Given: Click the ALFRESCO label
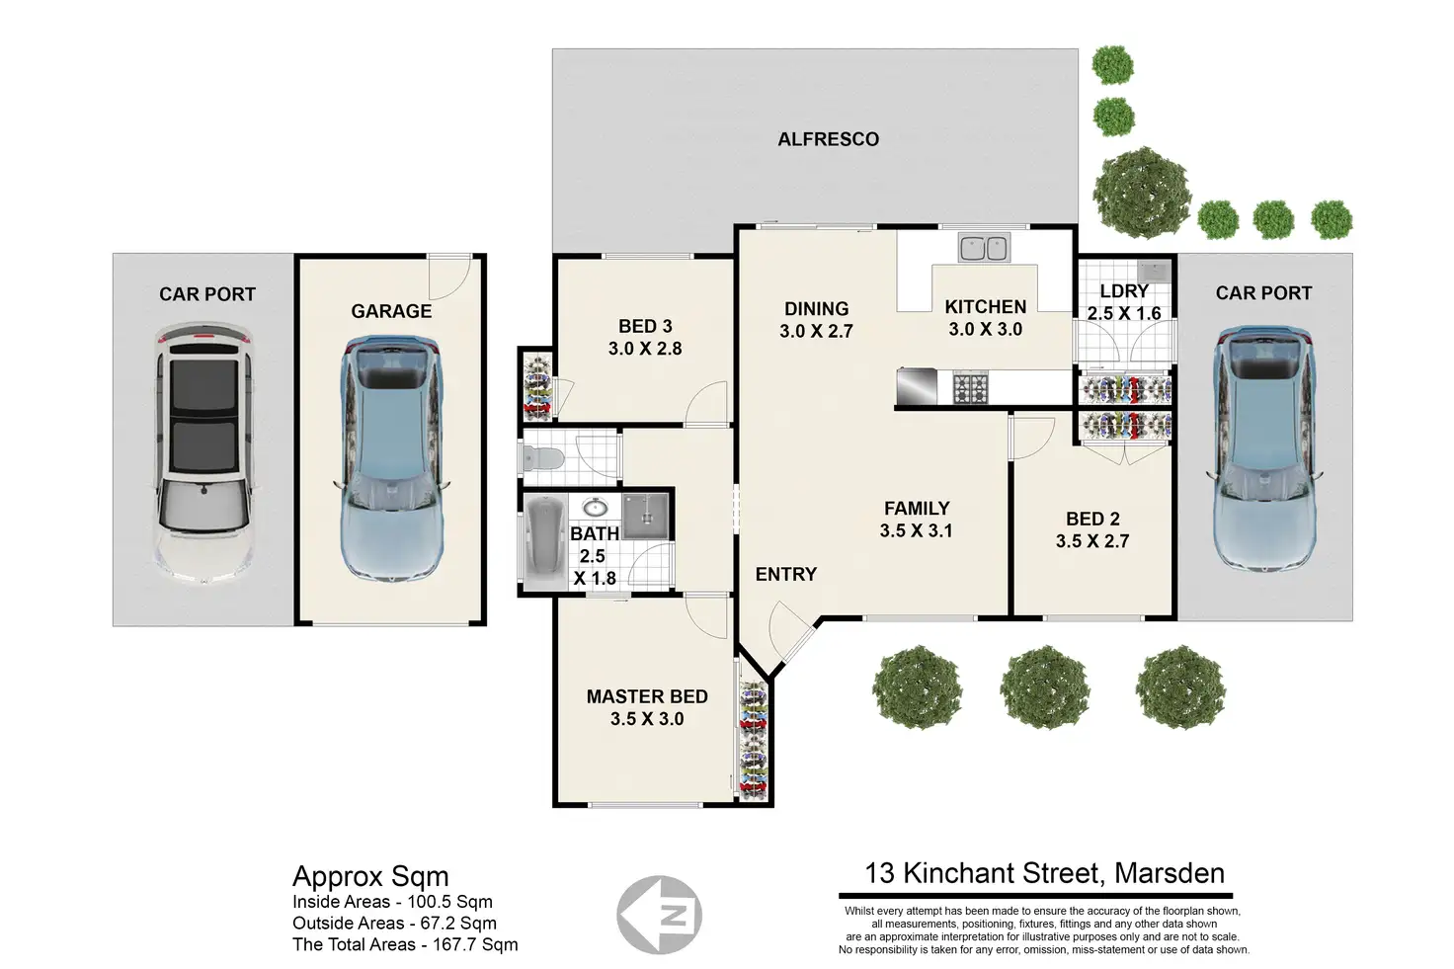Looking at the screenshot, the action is pyautogui.click(x=828, y=139).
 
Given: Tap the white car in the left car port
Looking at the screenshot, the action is pyautogui.click(x=204, y=454).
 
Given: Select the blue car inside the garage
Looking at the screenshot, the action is pyautogui.click(x=391, y=459).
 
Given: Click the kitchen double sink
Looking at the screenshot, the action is pyautogui.click(x=983, y=248).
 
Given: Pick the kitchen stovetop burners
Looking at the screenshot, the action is pyautogui.click(x=970, y=387).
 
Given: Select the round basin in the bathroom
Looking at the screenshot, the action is pyautogui.click(x=595, y=508).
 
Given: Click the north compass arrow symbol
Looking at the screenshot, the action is pyautogui.click(x=660, y=915).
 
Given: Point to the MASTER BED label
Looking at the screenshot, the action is pyautogui.click(x=647, y=696).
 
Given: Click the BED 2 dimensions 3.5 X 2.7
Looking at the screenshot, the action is pyautogui.click(x=1092, y=541).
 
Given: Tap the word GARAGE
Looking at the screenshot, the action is pyautogui.click(x=391, y=311).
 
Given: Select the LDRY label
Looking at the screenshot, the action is pyautogui.click(x=1124, y=291).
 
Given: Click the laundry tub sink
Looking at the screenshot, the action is pyautogui.click(x=1152, y=270).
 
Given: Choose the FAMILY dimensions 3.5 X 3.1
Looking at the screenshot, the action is pyautogui.click(x=917, y=530).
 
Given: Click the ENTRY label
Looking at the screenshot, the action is pyautogui.click(x=786, y=574).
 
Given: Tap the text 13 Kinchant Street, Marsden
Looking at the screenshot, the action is pyautogui.click(x=1044, y=873).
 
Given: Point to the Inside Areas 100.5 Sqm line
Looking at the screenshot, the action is pyautogui.click(x=392, y=902).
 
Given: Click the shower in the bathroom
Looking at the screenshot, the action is pyautogui.click(x=646, y=515).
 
